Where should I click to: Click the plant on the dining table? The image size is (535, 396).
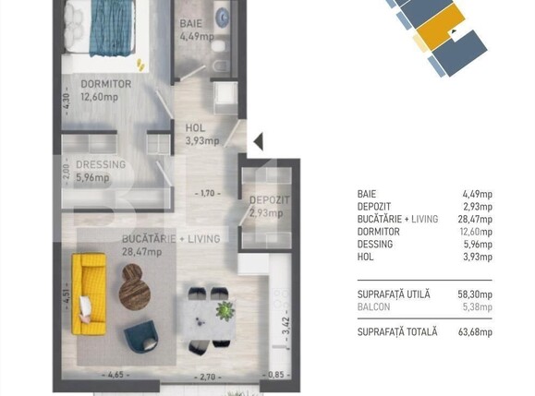click(223, 310)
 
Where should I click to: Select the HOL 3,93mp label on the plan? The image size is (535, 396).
click(201, 135)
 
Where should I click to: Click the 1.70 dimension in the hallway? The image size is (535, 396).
click(209, 195)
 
